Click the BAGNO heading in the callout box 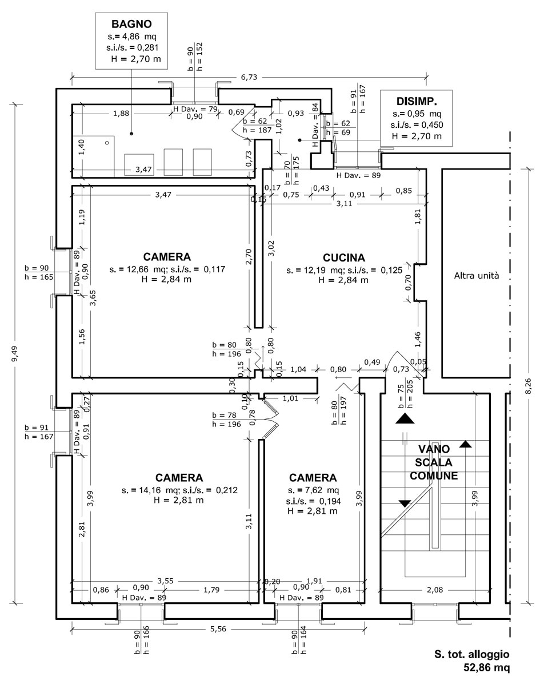point(131,24)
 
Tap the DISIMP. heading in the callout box point(417,102)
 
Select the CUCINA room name point(344,258)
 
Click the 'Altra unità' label point(477,276)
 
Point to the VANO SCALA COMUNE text point(434,462)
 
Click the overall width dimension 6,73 point(249,77)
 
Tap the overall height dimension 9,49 point(15,354)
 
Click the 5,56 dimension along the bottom point(218,629)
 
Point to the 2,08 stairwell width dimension point(435,590)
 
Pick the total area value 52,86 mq point(486,668)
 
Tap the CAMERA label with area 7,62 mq point(313,478)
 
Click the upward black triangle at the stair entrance point(405,418)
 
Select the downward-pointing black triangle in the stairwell point(405,503)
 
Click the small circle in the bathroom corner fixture point(107,143)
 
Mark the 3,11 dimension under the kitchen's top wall point(344,204)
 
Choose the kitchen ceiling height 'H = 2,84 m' point(343,280)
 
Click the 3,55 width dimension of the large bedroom point(165,581)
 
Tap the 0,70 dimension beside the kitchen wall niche point(408,283)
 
